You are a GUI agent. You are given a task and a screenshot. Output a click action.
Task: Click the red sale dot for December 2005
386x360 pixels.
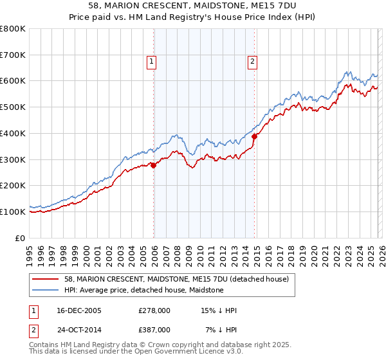tap(154, 165)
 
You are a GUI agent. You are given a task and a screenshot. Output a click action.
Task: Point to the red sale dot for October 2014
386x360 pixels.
tap(254, 136)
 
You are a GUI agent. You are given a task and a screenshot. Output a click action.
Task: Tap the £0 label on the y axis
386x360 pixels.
tap(21, 238)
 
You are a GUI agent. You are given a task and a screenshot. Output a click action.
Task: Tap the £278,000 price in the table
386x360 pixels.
tap(154, 311)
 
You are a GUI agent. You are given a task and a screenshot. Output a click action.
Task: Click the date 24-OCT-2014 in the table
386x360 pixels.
tap(73, 329)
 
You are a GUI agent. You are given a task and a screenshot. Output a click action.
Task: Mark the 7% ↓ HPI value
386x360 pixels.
tap(221, 329)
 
